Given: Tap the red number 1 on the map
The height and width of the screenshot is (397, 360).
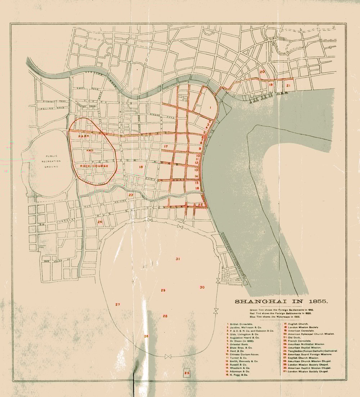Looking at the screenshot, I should tap(210, 107).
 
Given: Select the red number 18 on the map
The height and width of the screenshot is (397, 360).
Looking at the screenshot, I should tap(141, 167).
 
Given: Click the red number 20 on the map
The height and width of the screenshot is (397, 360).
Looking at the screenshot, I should tap(262, 72).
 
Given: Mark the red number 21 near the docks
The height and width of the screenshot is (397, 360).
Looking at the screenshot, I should tap(288, 85).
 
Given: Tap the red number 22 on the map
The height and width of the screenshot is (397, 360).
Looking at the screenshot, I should tap(201, 205).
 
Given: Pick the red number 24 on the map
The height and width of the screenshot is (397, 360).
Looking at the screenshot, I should tap(100, 222).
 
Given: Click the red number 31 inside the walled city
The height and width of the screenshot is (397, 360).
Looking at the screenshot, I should tap(177, 259).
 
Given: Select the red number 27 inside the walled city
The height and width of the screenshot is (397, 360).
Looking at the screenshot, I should tap(117, 304).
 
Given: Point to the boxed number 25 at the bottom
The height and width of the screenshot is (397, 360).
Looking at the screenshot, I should tap(186, 373).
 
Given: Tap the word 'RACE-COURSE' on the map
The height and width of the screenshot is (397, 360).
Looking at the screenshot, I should tap(95, 166).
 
